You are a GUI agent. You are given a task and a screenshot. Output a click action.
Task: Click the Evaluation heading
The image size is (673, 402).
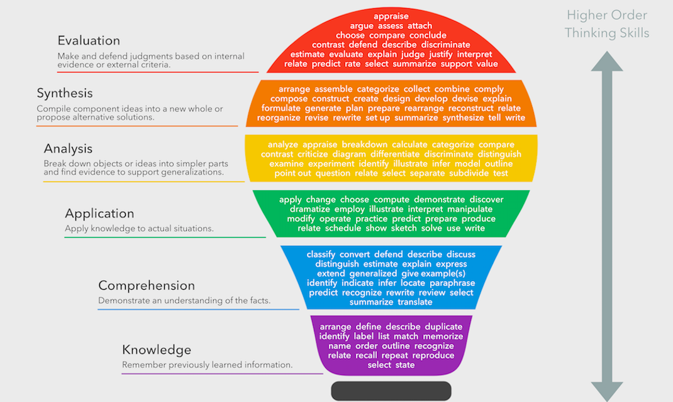tap(89, 41)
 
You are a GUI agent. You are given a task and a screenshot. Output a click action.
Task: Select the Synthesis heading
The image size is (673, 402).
tap(65, 93)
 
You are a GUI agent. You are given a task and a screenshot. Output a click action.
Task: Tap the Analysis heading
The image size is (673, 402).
tap(68, 149)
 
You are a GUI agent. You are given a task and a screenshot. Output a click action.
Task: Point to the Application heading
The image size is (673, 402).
tap(99, 214)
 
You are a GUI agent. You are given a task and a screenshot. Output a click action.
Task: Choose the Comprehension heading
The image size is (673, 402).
tap(147, 285)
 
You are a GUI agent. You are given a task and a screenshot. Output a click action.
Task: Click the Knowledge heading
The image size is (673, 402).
tap(157, 350)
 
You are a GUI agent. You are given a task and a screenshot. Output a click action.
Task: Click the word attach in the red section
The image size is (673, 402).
tap(420, 26)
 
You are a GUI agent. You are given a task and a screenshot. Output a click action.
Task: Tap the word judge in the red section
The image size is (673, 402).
tap(413, 54)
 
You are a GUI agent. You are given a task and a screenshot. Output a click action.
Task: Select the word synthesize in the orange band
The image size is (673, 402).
tap(463, 118)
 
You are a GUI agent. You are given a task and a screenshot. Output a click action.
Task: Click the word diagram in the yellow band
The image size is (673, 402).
tap(349, 154)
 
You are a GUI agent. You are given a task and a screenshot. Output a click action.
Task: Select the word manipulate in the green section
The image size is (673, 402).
tap(470, 209)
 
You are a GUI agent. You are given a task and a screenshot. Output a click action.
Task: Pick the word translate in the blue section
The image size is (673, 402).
tap(415, 302)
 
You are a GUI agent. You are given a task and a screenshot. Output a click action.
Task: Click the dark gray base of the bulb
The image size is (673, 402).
tap(391, 391)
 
